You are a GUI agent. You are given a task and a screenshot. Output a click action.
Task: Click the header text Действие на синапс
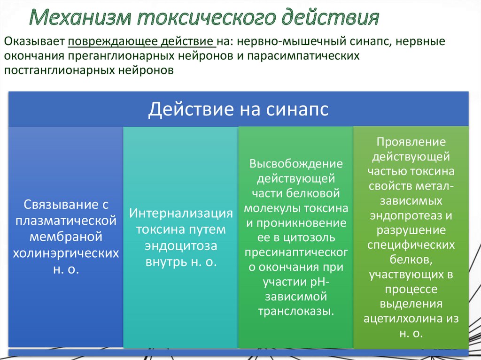pyautogui.click(x=238, y=109)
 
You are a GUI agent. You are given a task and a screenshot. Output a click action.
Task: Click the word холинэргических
pyautogui.click(x=65, y=253)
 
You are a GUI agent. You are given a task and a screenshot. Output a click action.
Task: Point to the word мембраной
pyautogui.click(x=65, y=237)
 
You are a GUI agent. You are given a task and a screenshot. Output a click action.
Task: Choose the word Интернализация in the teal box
pyautogui.click(x=181, y=213)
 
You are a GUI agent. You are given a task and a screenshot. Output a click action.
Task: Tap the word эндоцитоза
pyautogui.click(x=181, y=246)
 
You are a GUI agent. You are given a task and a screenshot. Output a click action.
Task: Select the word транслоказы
pyautogui.click(x=296, y=311)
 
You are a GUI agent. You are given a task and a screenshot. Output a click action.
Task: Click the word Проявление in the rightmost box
pyautogui.click(x=411, y=142)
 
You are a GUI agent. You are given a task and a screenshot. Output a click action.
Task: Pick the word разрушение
pyautogui.click(x=411, y=230)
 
